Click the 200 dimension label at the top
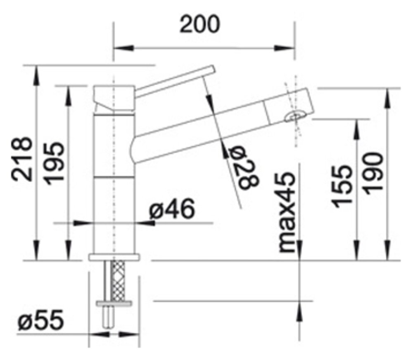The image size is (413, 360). [x=199, y=24]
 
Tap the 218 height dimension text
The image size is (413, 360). [x=22, y=159]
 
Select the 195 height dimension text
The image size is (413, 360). [x=54, y=163]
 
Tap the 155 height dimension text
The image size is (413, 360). [x=342, y=186]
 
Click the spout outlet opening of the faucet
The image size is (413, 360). [x=295, y=116]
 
